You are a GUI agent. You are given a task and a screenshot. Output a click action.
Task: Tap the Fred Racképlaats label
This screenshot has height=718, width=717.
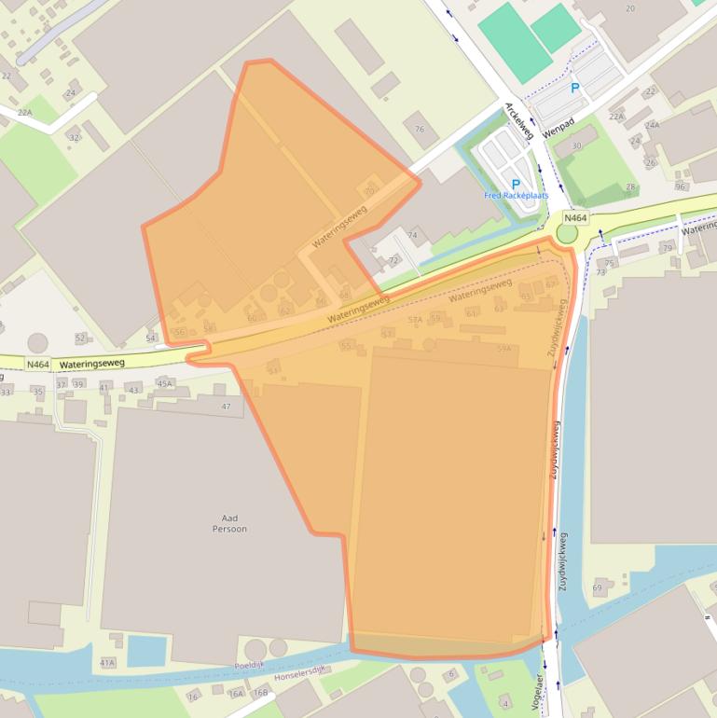pyautogui.click(x=516, y=196)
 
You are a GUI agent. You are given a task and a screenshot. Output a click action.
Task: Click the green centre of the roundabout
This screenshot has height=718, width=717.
pyautogui.click(x=567, y=233)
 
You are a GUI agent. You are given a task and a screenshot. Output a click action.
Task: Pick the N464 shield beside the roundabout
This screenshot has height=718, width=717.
pyautogui.click(x=575, y=217)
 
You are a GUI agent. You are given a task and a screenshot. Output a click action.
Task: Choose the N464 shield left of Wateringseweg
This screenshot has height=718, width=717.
pyautogui.click(x=38, y=365)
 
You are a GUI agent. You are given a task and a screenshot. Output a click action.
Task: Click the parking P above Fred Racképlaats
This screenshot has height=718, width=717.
pyautogui.click(x=516, y=184)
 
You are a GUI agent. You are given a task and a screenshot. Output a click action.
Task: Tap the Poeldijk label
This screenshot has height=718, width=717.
pyautogui.click(x=251, y=666)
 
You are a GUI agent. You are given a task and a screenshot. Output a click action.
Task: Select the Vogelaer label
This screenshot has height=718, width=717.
pyautogui.click(x=539, y=685)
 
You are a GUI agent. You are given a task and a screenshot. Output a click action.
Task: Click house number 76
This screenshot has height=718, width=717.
pyautogui.click(x=420, y=130)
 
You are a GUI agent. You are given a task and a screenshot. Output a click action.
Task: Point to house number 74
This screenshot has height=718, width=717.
pyautogui.click(x=412, y=235)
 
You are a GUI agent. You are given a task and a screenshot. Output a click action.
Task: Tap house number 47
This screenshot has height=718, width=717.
pyautogui.click(x=226, y=407)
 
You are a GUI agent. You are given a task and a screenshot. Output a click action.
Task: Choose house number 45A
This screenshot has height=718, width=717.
pyautogui.click(x=165, y=383)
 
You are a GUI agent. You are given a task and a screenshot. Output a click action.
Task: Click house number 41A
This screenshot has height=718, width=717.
pyautogui.click(x=107, y=663)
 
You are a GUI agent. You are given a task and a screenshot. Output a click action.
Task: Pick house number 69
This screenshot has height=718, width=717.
pyautogui.click(x=597, y=587)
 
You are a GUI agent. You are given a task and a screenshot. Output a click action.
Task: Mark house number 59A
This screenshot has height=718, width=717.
pyautogui.click(x=504, y=348)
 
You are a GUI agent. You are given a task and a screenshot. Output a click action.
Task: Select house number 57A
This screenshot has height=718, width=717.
pyautogui.click(x=416, y=320)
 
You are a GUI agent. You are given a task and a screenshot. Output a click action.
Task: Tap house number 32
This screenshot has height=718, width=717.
pyautogui.click(x=74, y=137)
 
